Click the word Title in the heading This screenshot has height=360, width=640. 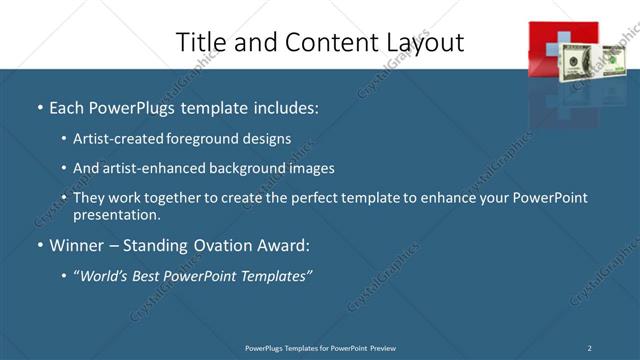tap(200, 42)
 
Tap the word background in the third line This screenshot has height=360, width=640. tap(237, 168)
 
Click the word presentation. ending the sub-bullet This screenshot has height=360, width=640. tap(116, 215)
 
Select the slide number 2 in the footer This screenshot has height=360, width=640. tap(590, 348)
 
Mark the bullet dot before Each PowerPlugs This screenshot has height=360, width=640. tap(39, 107)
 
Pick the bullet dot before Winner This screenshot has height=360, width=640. tap(39, 246)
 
